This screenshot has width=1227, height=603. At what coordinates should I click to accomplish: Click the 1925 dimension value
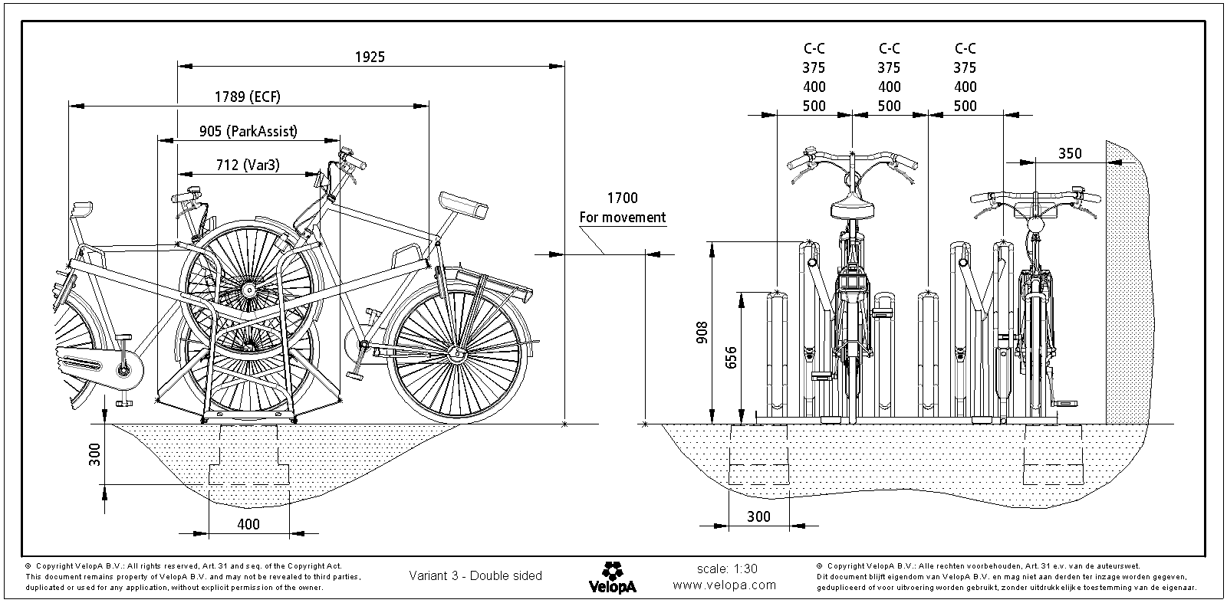pyautogui.click(x=370, y=57)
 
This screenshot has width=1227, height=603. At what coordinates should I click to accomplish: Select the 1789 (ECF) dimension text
pyautogui.click(x=248, y=97)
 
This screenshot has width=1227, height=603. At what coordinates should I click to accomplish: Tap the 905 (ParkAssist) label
pyautogui.click(x=248, y=132)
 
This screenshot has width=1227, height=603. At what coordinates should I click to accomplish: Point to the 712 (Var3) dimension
pyautogui.click(x=247, y=165)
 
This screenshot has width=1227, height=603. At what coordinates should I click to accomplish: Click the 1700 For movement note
pyautogui.click(x=622, y=208)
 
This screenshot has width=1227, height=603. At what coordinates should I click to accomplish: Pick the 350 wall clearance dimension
pyautogui.click(x=1069, y=153)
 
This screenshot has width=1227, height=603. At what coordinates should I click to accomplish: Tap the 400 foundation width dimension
pyautogui.click(x=248, y=524)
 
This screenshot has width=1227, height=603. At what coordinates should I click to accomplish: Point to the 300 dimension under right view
pyautogui.click(x=758, y=517)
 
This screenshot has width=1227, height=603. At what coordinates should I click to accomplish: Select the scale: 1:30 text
pyautogui.click(x=726, y=569)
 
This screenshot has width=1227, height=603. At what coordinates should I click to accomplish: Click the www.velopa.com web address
pyautogui.click(x=725, y=585)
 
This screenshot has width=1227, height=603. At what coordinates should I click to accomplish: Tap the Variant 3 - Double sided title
pyautogui.click(x=475, y=575)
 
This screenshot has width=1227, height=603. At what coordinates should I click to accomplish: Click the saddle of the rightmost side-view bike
pyautogui.click(x=464, y=205)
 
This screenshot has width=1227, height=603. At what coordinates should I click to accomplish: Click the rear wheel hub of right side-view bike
pyautogui.click(x=457, y=354)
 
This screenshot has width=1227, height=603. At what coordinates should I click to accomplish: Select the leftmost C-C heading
pyautogui.click(x=814, y=48)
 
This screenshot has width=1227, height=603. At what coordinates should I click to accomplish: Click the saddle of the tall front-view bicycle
pyautogui.click(x=852, y=206)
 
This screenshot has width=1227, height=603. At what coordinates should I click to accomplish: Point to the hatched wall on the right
pyautogui.click(x=1127, y=283)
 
